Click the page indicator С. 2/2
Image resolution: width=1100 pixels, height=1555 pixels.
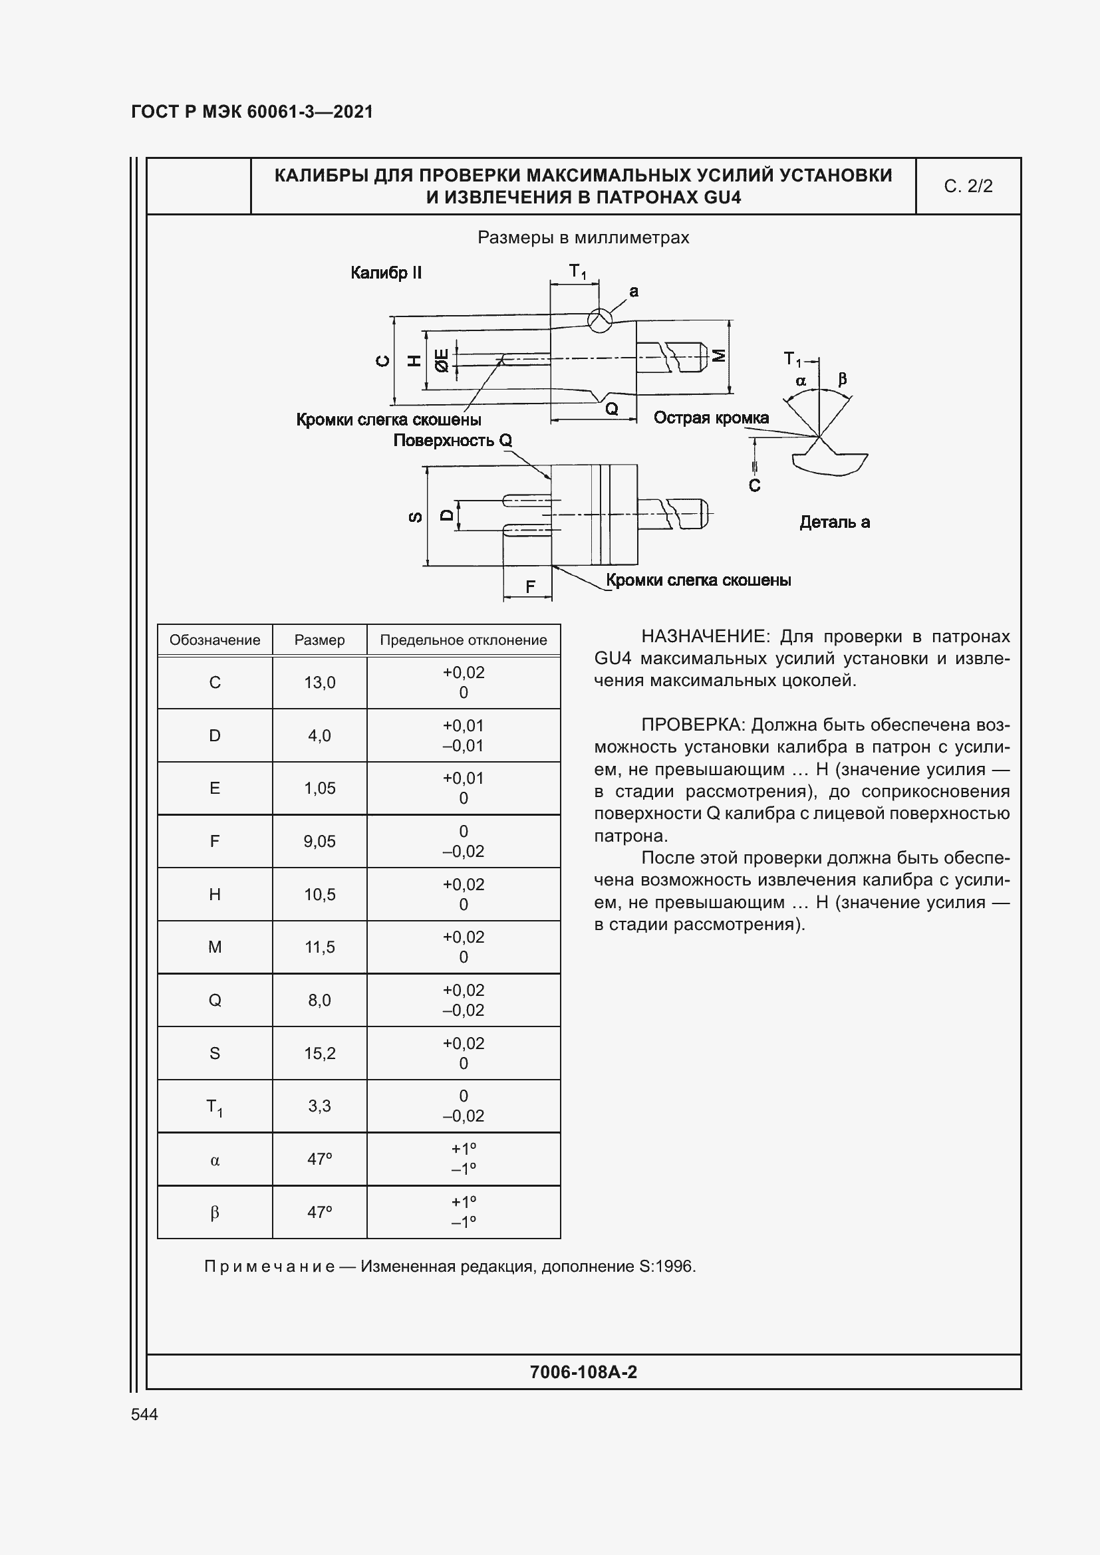968,186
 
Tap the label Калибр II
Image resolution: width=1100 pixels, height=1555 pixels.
386,273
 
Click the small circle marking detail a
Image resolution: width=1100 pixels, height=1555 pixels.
599,319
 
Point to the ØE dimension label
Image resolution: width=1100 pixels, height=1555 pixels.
442,360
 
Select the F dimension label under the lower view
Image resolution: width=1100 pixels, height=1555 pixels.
530,586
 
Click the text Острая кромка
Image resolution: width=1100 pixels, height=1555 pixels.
711,418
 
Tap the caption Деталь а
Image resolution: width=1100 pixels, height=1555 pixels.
835,522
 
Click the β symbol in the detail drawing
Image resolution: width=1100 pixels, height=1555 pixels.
843,378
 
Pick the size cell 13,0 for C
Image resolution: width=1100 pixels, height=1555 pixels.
320,683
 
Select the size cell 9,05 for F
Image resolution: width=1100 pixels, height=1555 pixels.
320,841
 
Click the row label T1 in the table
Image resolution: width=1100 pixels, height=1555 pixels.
215,1108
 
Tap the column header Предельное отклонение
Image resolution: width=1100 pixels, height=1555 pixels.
464,640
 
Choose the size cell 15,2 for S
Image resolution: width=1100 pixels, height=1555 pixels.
320,1053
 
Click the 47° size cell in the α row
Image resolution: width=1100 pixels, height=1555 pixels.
320,1159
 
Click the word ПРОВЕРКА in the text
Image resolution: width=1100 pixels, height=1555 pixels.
693,725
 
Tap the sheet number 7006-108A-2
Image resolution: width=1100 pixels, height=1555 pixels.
583,1373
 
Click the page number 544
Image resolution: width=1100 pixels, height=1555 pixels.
144,1414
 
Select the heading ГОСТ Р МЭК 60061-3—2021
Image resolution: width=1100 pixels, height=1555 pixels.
252,112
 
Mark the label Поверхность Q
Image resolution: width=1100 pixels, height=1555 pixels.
452,441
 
